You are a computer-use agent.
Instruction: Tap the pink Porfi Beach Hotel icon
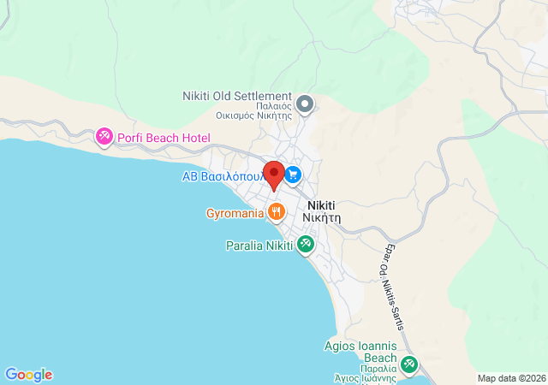104,137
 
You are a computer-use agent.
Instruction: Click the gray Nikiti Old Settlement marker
305,105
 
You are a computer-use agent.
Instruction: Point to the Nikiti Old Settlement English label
237,97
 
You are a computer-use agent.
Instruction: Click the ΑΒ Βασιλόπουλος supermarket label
224,176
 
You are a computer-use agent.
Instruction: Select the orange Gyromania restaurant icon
276,212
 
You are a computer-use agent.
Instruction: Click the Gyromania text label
234,213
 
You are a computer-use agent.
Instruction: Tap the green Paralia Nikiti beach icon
305,245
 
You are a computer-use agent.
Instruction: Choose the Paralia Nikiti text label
258,246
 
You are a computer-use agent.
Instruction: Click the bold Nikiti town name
319,205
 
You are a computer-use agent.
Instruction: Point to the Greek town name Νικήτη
321,217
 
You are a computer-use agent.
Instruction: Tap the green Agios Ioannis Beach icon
408,365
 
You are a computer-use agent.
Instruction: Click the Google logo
28,375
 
